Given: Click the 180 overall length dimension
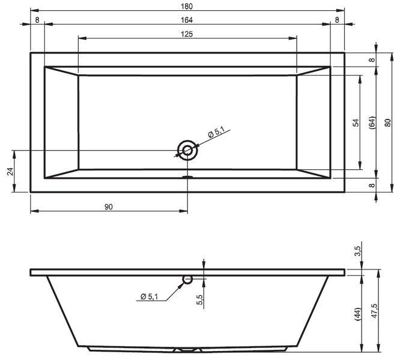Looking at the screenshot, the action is (187, 7).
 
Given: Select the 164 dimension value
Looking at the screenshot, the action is (187, 20).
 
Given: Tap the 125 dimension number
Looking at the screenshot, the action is (187, 34).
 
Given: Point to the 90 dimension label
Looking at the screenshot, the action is (109, 207).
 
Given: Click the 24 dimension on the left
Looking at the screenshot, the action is (10, 172).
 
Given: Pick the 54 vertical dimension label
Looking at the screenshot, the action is (357, 122).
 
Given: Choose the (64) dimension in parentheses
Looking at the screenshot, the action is (372, 122).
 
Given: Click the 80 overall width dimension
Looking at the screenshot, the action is (387, 122).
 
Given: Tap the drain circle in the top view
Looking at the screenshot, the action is (187, 150).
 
